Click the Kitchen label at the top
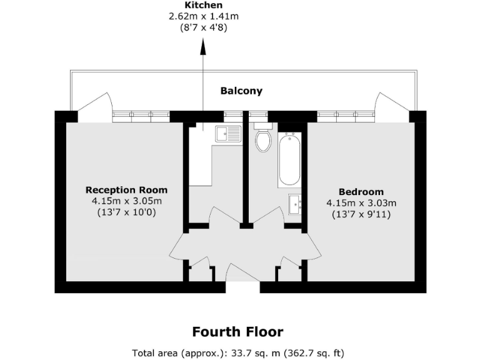click(x=203, y=5)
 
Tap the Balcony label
click(x=241, y=91)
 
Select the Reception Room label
click(x=126, y=190)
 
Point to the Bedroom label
click(x=361, y=192)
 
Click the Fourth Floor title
click(x=237, y=332)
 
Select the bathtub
click(x=289, y=159)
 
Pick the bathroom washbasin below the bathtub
click(x=296, y=203)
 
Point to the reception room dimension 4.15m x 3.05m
click(x=126, y=201)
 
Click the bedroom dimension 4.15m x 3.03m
click(x=361, y=203)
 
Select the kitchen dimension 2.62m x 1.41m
click(x=203, y=16)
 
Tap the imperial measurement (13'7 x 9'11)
click(x=361, y=214)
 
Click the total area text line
click(x=237, y=352)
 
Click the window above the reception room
click(x=141, y=115)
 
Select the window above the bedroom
click(x=346, y=115)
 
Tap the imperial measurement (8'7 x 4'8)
click(x=203, y=27)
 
